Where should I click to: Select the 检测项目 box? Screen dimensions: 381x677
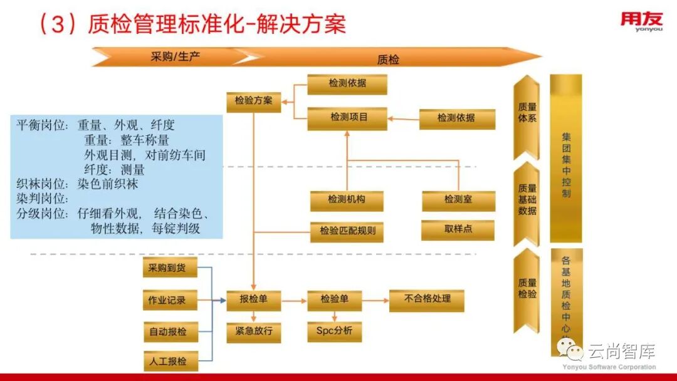point(347,118)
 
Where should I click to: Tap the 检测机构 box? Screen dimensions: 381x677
point(347,201)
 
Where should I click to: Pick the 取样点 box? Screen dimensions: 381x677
point(458,229)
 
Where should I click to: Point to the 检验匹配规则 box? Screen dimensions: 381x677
point(347,231)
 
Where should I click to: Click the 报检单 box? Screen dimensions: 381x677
point(253,300)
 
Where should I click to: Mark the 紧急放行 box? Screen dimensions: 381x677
point(253,331)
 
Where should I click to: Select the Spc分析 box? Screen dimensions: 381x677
point(334,331)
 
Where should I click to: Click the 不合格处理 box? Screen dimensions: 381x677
point(427,300)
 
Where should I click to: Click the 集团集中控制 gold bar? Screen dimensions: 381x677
point(566,160)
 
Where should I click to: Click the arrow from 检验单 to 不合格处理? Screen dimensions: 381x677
point(375,300)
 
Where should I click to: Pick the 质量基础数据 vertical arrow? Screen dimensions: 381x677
point(527,199)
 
